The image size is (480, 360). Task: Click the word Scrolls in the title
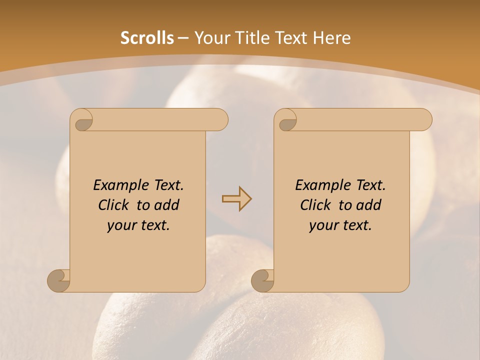click(147, 38)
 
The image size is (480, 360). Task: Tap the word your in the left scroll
click(121, 225)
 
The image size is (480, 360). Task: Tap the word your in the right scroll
click(323, 225)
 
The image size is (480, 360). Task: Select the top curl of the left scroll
click(82, 120)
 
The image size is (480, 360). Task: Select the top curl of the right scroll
click(286, 120)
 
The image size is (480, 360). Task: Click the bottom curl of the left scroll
click(58, 280)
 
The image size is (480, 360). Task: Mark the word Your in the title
click(210, 38)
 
